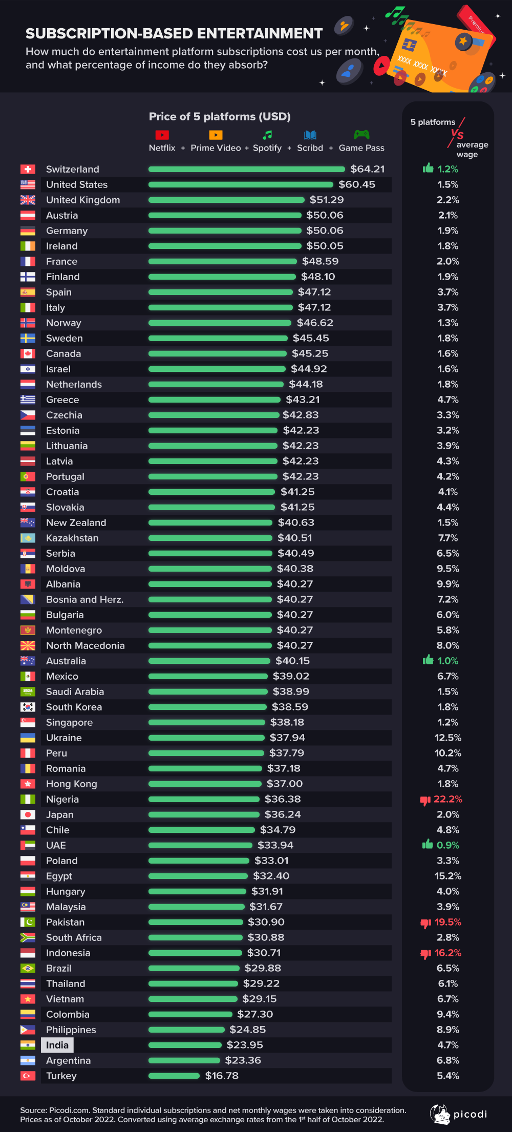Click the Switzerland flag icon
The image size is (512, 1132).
coord(28,169)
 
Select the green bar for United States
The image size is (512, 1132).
coord(241,184)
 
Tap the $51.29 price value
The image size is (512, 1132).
coord(327,200)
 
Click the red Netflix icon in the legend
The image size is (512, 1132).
coord(162,135)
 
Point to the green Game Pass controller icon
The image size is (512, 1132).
coord(361,135)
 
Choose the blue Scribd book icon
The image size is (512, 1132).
coord(310,135)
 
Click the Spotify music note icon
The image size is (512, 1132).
coord(267,135)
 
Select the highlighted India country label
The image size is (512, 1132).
coord(57,1045)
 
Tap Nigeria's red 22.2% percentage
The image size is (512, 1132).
coord(448,799)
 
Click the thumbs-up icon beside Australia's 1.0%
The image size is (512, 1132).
coord(428,660)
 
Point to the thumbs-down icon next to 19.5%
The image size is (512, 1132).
coord(425,923)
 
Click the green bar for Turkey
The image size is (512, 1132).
coord(174,1076)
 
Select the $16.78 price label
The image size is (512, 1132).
coord(222,1076)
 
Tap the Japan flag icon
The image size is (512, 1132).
coord(28,814)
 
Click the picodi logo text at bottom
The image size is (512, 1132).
coord(470,1115)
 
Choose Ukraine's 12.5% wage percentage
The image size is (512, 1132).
coord(448,738)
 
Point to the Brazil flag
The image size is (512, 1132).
coord(28,968)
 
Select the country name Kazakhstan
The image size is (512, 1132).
coord(72,538)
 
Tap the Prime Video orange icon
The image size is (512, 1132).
coord(216,135)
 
